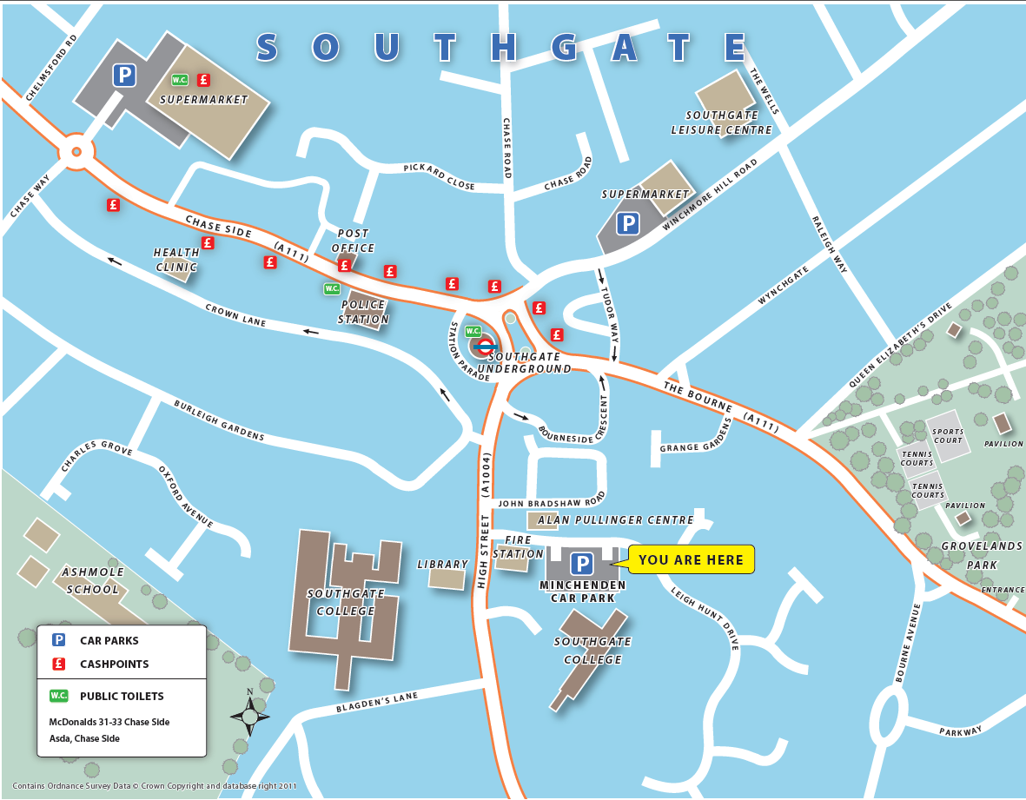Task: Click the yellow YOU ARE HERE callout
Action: coord(692,559)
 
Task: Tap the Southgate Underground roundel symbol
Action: coord(486,346)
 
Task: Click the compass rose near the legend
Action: coord(250,716)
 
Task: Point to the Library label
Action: coord(442,565)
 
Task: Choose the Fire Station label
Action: coord(518,546)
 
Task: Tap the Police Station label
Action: coord(364,312)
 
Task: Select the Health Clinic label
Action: coord(176,260)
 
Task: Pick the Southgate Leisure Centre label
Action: coord(721,122)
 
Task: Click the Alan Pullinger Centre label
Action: coord(615,520)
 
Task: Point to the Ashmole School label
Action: coord(92,580)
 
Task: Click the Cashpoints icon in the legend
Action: coord(59,664)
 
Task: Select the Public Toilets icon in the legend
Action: coord(59,696)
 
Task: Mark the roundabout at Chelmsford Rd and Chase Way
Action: coord(76,152)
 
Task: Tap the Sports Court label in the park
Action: coord(948,436)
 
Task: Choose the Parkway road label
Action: coord(960,731)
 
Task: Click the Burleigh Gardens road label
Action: coord(219,420)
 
